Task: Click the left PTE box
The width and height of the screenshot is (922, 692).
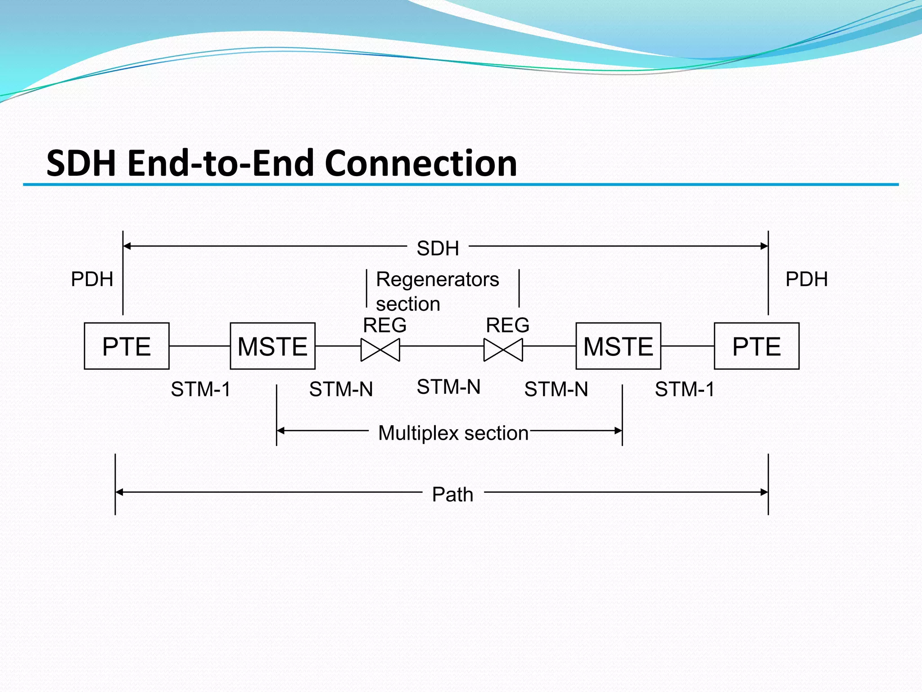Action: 127,346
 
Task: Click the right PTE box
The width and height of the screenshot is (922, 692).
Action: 756,346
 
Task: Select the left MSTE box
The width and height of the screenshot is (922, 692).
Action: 272,346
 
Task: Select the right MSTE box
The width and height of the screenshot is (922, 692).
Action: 618,346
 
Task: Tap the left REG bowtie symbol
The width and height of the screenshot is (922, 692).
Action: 380,350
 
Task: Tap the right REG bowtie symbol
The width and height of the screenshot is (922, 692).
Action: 503,350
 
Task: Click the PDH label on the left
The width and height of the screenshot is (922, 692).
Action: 92,279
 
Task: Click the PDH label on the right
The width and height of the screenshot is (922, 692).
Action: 806,279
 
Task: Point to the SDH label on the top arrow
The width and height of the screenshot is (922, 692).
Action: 438,248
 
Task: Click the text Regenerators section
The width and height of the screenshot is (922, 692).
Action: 437,291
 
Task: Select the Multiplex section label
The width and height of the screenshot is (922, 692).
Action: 453,433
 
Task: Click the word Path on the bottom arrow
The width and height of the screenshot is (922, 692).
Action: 452,495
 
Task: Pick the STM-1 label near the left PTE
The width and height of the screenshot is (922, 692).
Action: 201,389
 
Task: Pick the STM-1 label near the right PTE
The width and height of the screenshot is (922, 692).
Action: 684,389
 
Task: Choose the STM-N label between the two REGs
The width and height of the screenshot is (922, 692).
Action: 448,387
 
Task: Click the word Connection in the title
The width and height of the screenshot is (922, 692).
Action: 420,163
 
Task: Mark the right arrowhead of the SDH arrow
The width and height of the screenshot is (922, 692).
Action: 764,246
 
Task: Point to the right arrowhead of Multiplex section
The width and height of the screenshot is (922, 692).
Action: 618,431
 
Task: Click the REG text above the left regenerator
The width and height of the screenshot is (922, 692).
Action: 384,325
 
